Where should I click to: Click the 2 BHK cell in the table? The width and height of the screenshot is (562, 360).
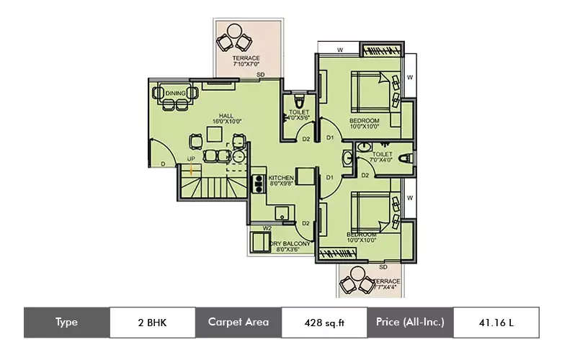152,323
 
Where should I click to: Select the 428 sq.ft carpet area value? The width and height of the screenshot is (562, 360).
324,323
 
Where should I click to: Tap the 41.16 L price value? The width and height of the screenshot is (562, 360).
496,323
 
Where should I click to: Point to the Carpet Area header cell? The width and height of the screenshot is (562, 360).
238,323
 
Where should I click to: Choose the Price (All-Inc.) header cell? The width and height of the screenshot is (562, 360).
410,323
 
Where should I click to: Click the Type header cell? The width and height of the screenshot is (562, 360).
66,323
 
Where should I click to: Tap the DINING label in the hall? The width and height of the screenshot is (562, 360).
175,94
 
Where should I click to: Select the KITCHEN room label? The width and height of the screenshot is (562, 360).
280,180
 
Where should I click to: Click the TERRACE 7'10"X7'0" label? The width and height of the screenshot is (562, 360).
246,61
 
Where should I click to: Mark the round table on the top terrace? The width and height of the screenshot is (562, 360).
234,32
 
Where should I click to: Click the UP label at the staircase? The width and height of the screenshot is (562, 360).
190,158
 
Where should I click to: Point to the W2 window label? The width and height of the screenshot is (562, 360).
267,228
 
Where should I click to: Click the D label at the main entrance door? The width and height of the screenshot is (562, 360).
163,165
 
